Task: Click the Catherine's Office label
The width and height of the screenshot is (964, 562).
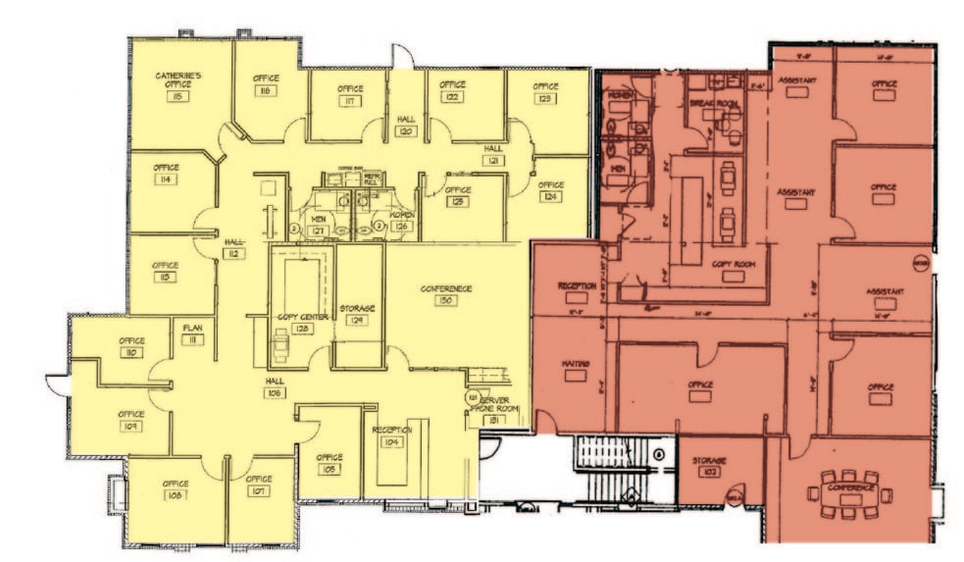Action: click(178, 79)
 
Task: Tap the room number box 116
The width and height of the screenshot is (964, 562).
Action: click(265, 91)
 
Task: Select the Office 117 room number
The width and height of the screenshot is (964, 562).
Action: click(350, 101)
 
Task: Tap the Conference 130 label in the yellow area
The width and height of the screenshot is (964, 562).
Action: click(446, 288)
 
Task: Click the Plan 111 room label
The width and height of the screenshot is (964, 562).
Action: click(192, 333)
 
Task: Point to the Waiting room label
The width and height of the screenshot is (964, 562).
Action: click(575, 365)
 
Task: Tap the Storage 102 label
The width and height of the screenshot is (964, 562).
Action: click(707, 464)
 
